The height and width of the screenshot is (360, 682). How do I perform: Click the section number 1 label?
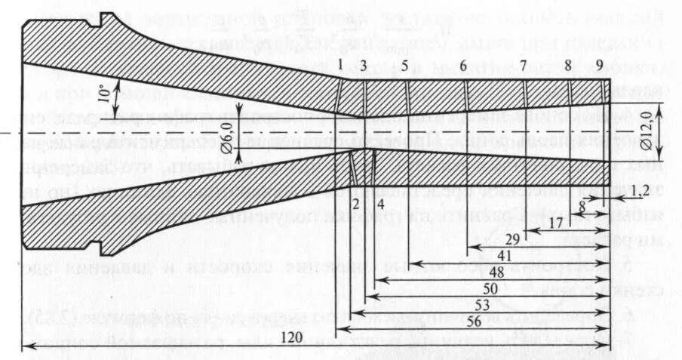pyautogui.click(x=341, y=66)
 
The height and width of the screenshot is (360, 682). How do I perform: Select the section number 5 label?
pyautogui.click(x=405, y=66)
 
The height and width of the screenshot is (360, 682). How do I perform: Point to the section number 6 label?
pyautogui.click(x=462, y=66)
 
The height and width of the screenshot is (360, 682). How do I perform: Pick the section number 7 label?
pyautogui.click(x=523, y=66)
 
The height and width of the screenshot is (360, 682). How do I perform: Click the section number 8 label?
pyautogui.click(x=568, y=66)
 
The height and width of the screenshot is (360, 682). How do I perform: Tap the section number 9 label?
pyautogui.click(x=599, y=66)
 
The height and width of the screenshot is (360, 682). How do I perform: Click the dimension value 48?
pyautogui.click(x=497, y=272)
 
